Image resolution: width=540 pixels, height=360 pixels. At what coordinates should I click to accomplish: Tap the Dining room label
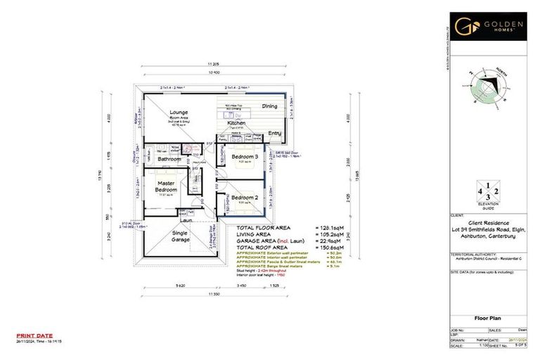click(269, 106)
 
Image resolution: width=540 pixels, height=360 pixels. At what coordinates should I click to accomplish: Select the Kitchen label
click(236, 123)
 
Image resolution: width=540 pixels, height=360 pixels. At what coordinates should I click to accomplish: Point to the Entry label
click(274, 133)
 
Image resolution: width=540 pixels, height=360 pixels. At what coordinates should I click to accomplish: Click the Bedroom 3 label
click(246, 156)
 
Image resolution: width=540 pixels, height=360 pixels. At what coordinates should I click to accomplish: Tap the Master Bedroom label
click(165, 186)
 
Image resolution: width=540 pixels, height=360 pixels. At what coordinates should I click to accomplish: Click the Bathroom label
click(169, 160)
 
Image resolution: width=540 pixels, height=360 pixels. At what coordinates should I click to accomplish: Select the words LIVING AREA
click(256, 236)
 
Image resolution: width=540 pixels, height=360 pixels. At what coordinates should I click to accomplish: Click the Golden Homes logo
click(491, 27)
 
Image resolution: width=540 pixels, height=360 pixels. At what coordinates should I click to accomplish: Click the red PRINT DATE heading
click(32, 335)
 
